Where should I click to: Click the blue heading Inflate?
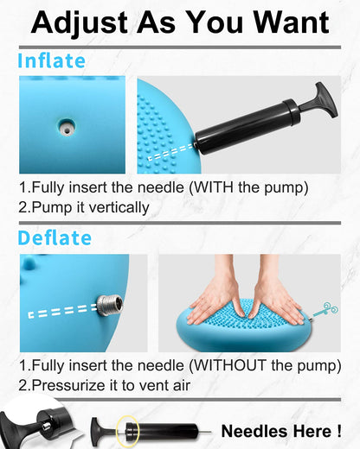(52, 60)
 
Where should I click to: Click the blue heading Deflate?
(55, 238)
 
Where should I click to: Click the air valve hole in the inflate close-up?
(67, 128)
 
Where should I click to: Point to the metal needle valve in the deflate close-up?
(109, 306)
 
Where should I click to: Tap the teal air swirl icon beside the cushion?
(326, 310)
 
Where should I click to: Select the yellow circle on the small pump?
(128, 432)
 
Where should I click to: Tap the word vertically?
(119, 207)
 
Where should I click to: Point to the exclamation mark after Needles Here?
(338, 432)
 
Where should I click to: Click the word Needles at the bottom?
(254, 432)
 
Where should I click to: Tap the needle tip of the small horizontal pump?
(209, 432)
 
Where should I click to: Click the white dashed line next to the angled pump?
(170, 152)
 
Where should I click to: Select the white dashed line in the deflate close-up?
(62, 311)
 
